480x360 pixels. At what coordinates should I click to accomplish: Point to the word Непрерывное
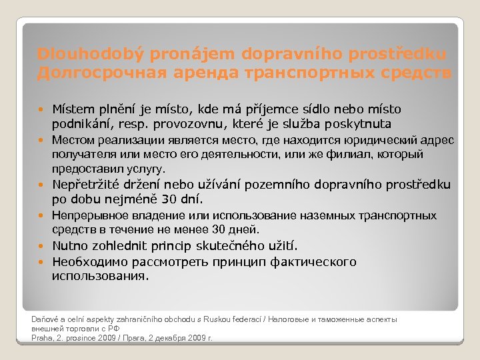click(x=88, y=216)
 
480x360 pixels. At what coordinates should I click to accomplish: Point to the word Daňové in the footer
click(x=46, y=319)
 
